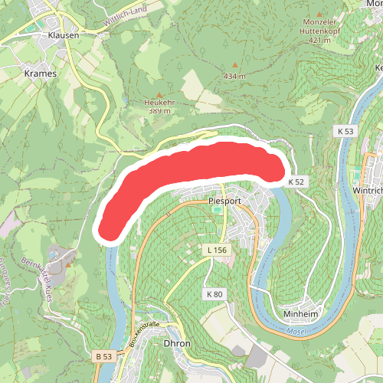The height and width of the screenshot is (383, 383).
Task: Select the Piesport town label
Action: pos(224,201)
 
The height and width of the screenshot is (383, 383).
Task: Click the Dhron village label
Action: pos(177,344)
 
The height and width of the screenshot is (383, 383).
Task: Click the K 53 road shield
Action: pos(347,132)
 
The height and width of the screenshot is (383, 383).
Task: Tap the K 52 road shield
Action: pos(297,182)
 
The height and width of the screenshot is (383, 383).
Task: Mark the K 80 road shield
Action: pos(214,294)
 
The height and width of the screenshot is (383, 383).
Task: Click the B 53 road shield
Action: pos(104,357)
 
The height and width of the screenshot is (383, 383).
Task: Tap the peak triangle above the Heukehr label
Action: pos(159,93)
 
